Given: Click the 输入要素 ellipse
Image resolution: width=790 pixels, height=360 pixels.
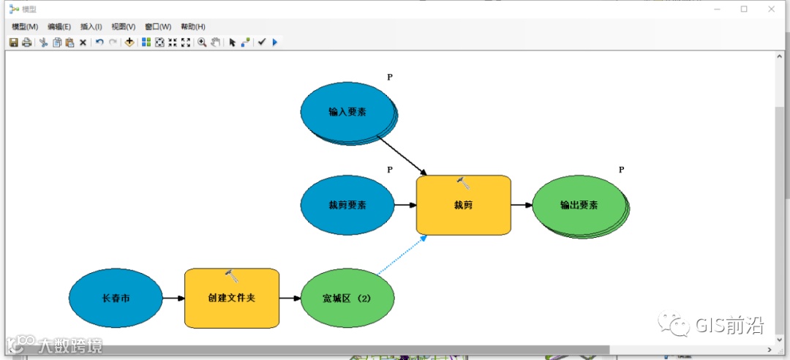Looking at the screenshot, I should (x=347, y=112).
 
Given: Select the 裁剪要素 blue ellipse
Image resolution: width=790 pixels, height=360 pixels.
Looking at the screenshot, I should (x=347, y=205).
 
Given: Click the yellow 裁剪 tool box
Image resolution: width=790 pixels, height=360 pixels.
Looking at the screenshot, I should (x=463, y=205).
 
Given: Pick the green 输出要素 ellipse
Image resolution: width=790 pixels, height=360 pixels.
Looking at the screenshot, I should (x=579, y=205).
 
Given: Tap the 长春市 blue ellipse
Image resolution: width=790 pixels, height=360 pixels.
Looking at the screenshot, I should (x=116, y=299).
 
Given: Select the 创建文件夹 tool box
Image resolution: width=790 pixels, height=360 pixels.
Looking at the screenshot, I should (x=232, y=299).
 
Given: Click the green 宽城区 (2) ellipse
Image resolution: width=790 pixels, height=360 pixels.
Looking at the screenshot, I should (x=347, y=299).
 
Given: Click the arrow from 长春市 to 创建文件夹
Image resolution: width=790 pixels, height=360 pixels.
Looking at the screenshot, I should (x=173, y=299).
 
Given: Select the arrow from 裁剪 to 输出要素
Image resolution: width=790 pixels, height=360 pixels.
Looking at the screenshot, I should (x=521, y=205).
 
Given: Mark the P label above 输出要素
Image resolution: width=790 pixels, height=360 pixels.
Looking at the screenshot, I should (x=621, y=170).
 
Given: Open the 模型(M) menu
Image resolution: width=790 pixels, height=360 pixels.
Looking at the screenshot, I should (x=25, y=27).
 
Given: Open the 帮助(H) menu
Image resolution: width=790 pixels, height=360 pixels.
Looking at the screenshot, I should (x=193, y=27).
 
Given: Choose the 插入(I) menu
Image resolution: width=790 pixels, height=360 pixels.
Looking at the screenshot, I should (x=91, y=27).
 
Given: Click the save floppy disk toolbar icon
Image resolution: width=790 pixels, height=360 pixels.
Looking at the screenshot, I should (x=13, y=42).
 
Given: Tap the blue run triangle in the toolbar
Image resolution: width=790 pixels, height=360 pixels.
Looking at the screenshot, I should (x=275, y=42).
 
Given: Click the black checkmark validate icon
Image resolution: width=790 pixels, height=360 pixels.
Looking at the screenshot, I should (x=261, y=42).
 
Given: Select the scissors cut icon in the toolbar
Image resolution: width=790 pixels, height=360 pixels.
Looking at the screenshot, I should (x=43, y=42).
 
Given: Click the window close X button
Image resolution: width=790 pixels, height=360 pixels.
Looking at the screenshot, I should (x=771, y=9).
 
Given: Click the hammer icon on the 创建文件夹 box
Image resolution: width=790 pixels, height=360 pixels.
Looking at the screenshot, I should (x=233, y=276).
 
